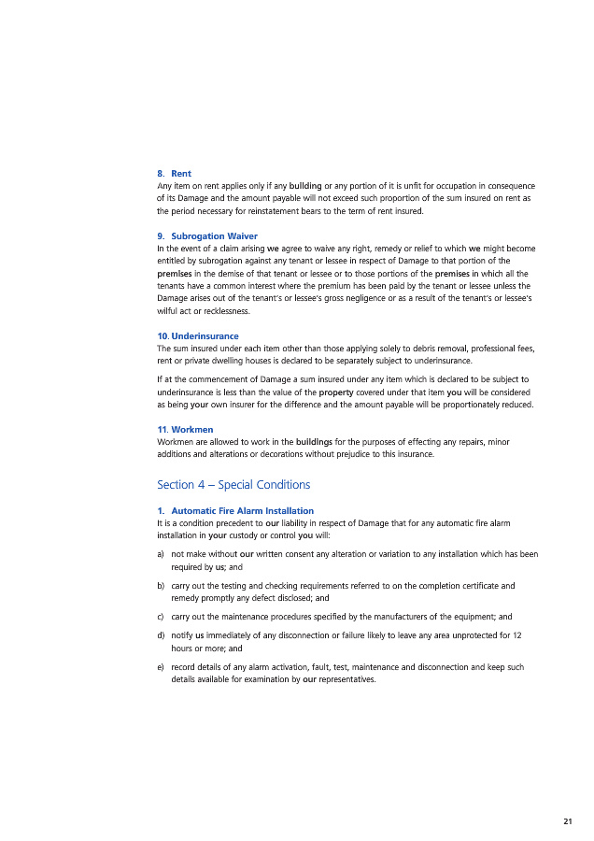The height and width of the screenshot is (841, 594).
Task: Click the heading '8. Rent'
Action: [174, 174]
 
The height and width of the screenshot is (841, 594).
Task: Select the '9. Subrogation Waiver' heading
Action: [207, 235]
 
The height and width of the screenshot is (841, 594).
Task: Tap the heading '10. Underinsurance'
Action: [198, 335]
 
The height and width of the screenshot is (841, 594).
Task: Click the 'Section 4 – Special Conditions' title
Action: [233, 485]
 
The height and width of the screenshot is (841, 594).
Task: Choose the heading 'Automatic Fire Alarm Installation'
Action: [242, 510]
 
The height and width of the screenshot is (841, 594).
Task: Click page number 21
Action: [568, 821]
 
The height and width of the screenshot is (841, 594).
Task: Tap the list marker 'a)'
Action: [162, 554]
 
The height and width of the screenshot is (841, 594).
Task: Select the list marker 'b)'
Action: [162, 586]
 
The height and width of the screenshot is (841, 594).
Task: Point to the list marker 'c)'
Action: [162, 617]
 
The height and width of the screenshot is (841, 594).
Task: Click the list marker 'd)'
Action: [162, 635]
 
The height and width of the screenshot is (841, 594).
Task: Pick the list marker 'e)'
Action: [162, 667]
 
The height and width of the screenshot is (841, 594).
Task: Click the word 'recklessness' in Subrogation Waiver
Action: [224, 310]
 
